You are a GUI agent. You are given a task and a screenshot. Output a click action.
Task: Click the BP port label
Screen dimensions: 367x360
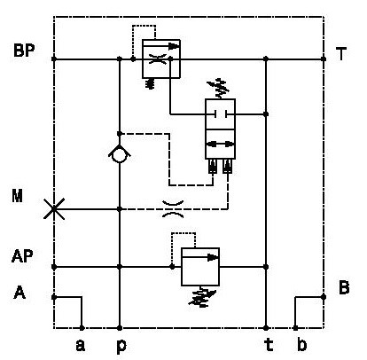pyautogui.click(x=24, y=51)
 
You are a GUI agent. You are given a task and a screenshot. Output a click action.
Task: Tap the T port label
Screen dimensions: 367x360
pyautogui.click(x=341, y=54)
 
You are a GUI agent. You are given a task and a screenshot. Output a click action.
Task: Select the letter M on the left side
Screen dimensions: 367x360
pyautogui.click(x=18, y=196)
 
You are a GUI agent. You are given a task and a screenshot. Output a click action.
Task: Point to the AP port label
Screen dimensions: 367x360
pyautogui.click(x=22, y=256)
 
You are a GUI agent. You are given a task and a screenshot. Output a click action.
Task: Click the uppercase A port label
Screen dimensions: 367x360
pyautogui.click(x=20, y=293)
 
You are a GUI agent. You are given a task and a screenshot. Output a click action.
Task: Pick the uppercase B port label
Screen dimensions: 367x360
pyautogui.click(x=344, y=287)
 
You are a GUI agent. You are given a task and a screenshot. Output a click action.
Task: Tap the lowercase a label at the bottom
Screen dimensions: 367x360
pyautogui.click(x=81, y=346)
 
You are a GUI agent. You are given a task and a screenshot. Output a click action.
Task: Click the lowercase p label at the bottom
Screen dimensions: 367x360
pyautogui.click(x=121, y=347)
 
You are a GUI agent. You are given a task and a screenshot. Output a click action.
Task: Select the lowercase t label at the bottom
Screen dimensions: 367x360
pyautogui.click(x=269, y=345)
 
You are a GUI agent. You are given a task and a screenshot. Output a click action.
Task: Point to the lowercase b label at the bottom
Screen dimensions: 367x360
pyautogui.click(x=301, y=345)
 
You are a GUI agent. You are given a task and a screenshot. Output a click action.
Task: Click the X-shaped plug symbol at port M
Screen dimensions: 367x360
pyautogui.click(x=54, y=209)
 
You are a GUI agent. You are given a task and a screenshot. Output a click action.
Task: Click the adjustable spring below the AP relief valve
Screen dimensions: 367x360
pyautogui.click(x=202, y=297)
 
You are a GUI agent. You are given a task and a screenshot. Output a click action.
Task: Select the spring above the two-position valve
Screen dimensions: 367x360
pyautogui.click(x=219, y=88)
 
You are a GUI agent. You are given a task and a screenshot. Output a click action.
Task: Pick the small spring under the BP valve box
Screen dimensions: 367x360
pyautogui.click(x=151, y=83)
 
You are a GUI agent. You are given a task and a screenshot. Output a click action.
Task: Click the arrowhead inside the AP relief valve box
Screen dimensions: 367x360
pyautogui.click(x=213, y=257)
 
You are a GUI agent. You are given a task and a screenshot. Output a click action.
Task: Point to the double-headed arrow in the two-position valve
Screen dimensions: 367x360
pyautogui.click(x=220, y=145)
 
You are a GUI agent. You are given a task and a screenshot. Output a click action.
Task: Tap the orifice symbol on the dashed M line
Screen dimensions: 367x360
pyautogui.click(x=173, y=209)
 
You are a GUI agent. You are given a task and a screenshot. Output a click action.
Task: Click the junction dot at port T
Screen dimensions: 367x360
pyautogui.click(x=324, y=59)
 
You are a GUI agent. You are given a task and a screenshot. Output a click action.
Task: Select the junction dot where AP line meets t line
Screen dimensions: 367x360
pyautogui.click(x=266, y=267)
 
